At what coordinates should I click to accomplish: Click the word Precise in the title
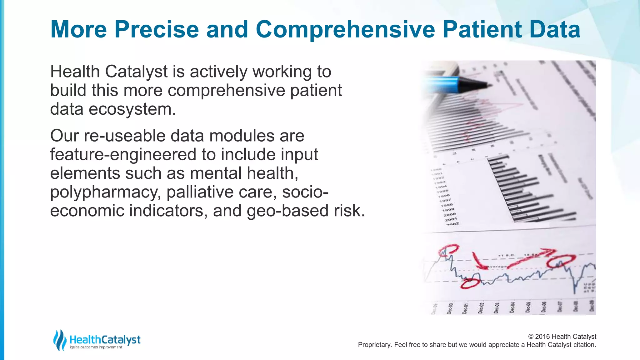point(157,29)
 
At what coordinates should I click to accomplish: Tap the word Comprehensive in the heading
point(345,29)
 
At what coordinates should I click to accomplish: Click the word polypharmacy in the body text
point(105,192)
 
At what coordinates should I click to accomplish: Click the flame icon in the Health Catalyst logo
point(59,340)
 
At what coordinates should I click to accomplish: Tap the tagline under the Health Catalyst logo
point(96,347)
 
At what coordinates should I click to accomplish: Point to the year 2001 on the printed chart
point(451,219)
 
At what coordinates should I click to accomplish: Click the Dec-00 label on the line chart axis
point(450,308)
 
